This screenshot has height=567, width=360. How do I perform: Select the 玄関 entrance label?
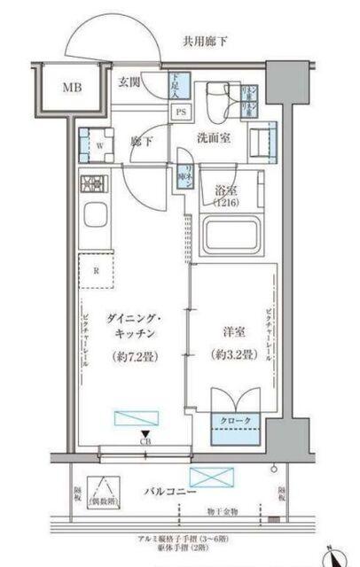tap(129, 83)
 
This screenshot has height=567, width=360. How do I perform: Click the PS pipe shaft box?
tap(180, 113)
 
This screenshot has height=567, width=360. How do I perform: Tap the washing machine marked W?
tap(95, 144)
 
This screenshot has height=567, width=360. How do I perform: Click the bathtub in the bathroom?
tap(231, 236)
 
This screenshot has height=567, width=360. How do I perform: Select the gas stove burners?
tap(93, 184)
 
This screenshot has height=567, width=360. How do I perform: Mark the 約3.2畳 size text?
tap(232, 355)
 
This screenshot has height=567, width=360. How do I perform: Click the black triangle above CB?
tap(145, 434)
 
